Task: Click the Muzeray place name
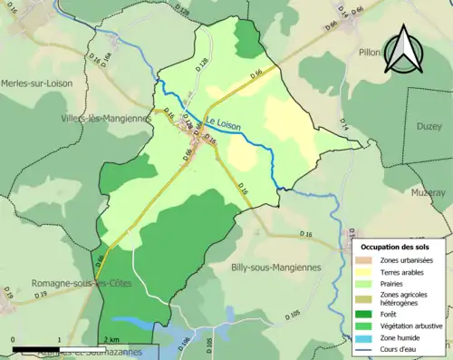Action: coord(427,192)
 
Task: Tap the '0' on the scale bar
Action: coord(13,340)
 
